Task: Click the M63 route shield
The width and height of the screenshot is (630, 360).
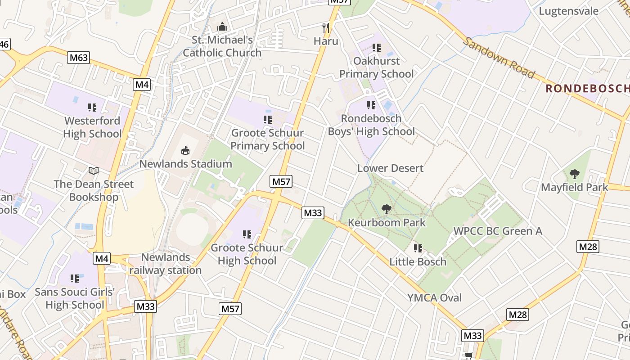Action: tap(79, 58)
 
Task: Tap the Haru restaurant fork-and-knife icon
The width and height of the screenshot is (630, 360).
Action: tap(326, 28)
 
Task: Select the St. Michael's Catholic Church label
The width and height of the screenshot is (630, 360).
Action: tap(222, 46)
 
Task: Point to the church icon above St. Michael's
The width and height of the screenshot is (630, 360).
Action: tap(222, 27)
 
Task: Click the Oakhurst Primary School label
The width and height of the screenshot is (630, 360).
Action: tap(376, 67)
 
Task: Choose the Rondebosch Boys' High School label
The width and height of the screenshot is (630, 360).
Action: tap(371, 125)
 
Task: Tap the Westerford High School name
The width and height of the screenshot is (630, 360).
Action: tap(92, 127)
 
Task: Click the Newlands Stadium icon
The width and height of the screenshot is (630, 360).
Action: tap(185, 150)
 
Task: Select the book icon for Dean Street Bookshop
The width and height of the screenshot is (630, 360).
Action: tap(94, 171)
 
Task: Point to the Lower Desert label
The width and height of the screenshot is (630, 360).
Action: tap(390, 168)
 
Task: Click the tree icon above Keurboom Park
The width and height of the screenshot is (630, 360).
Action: tap(386, 209)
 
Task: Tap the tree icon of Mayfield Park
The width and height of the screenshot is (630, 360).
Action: tap(574, 174)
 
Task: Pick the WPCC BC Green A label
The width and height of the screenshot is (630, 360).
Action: tap(498, 231)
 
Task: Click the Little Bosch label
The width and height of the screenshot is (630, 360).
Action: tap(418, 261)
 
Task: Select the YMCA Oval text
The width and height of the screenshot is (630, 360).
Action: tap(435, 297)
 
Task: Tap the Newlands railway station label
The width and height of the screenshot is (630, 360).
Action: tap(166, 264)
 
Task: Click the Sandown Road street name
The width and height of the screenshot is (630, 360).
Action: tap(499, 57)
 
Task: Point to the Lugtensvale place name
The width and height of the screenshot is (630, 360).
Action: tap(569, 11)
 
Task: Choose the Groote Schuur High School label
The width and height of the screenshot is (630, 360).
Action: tap(247, 254)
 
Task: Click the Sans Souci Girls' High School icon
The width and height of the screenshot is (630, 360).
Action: tap(75, 279)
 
